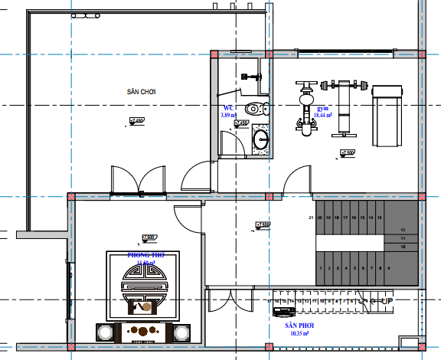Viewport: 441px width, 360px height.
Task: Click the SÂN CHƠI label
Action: (142, 91)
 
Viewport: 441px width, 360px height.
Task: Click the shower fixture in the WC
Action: (249, 77)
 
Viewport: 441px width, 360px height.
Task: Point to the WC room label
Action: (227, 108)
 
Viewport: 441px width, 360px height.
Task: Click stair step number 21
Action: (311, 218)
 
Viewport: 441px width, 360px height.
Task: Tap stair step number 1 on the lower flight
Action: (321, 268)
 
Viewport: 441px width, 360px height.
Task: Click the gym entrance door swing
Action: (297, 180)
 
